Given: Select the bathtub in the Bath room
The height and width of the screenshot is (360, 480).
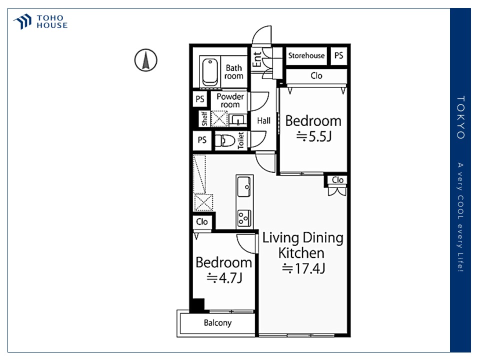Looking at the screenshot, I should [x=209, y=71].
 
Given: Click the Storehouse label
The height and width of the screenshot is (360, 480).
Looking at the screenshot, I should [x=306, y=55].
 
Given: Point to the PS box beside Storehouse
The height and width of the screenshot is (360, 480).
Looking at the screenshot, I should [x=338, y=55].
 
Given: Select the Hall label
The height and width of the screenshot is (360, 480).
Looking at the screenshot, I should [x=263, y=120].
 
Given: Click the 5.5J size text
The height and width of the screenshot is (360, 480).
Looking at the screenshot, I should [x=313, y=137].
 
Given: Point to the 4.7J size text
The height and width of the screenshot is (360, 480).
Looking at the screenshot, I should [x=224, y=278].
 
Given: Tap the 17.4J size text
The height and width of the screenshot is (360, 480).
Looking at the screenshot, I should [x=303, y=268].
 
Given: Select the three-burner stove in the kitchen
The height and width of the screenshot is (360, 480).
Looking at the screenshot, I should [x=244, y=217].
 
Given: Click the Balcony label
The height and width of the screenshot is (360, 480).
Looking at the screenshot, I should [x=217, y=322].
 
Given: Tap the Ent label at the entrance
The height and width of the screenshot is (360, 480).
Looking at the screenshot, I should [x=257, y=59].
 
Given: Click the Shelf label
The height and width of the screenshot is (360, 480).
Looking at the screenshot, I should [x=204, y=119].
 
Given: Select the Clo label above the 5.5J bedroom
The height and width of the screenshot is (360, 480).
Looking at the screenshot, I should [x=316, y=76].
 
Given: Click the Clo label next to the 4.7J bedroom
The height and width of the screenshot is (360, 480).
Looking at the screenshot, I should [x=202, y=221].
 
